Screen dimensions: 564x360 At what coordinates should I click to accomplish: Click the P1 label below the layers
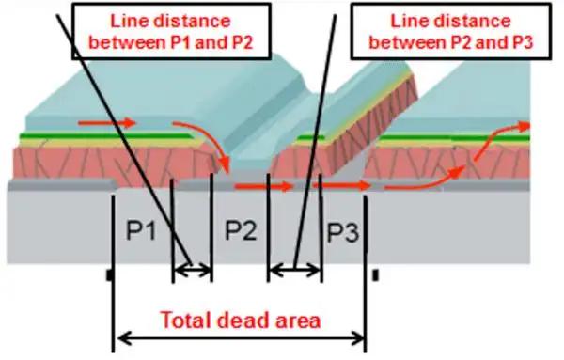pyautogui.click(x=141, y=231)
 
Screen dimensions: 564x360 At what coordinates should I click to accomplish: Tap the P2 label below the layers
pyautogui.click(x=240, y=231)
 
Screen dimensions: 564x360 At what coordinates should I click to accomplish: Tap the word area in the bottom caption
pyautogui.click(x=298, y=320)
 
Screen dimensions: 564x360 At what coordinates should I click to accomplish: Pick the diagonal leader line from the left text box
pyautogui.click(x=132, y=141)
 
